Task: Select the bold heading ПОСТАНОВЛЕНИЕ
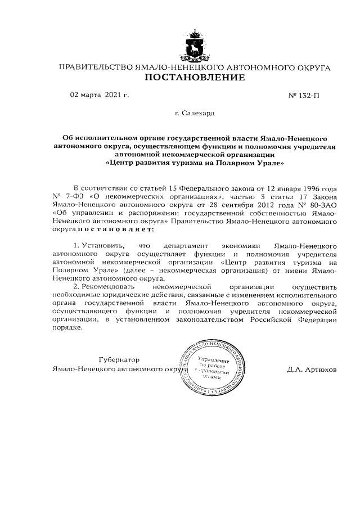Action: [195, 78]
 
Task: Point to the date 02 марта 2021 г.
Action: [100, 94]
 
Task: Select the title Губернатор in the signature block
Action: [119, 359]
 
